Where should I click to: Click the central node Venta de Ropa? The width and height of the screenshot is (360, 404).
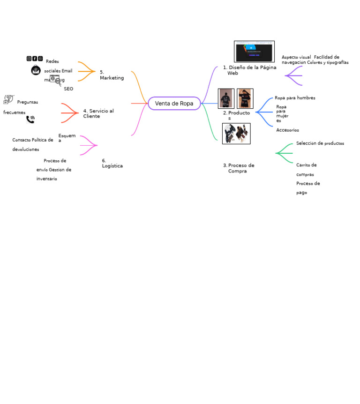174,104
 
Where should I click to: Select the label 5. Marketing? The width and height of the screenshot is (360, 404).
112,75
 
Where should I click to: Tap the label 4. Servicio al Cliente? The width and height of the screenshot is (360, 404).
98,113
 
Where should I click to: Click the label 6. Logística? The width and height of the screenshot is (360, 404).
112,163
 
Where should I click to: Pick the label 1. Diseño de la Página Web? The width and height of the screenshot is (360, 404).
249,70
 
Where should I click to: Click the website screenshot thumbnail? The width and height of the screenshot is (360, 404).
254,51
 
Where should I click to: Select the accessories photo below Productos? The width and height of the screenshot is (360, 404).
236,134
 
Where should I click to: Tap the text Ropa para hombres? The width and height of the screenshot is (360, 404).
295,98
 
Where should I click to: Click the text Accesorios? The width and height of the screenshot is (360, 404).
287,130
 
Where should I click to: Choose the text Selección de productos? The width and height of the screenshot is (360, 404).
320,143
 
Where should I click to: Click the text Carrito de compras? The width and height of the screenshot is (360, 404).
306,169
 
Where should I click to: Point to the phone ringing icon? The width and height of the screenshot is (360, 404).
30,119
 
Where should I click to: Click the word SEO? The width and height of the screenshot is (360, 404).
68,89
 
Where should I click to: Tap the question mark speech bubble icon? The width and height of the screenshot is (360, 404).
8,99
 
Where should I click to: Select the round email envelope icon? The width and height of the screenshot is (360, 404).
36,70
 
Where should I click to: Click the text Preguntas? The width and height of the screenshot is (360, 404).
28,102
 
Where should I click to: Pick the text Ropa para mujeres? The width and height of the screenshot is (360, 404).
282,114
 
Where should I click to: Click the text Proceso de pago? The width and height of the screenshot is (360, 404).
308,187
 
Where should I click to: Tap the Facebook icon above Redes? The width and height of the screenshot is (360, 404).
35,59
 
